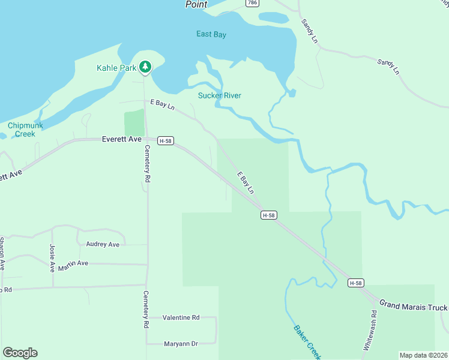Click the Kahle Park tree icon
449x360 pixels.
pyautogui.click(x=145, y=67)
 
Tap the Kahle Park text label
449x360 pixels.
pyautogui.click(x=116, y=68)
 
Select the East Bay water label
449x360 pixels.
pyautogui.click(x=211, y=34)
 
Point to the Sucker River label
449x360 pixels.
pyautogui.click(x=220, y=95)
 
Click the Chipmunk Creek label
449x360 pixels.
pyautogui.click(x=22, y=130)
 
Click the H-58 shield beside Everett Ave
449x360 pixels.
pyautogui.click(x=166, y=141)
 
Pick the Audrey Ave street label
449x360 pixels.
pyautogui.click(x=103, y=244)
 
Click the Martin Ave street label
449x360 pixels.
pyautogui.click(x=73, y=263)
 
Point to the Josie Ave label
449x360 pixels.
pyautogui.click(x=52, y=257)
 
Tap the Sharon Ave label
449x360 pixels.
pyautogui.click(x=2, y=253)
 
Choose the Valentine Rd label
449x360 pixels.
pyautogui.click(x=181, y=317)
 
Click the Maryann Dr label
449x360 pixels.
pyautogui.click(x=181, y=344)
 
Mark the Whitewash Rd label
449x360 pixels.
pyautogui.click(x=370, y=331)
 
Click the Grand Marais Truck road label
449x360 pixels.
pyautogui.click(x=414, y=306)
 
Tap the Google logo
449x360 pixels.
pyautogui.click(x=20, y=353)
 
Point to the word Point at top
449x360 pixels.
pyautogui.click(x=196, y=4)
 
